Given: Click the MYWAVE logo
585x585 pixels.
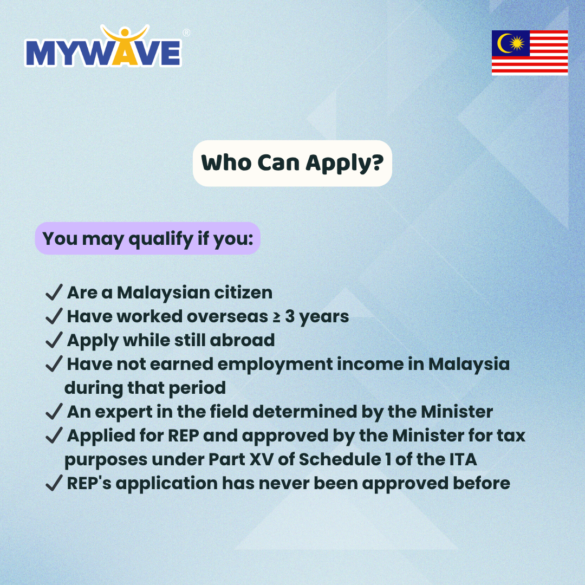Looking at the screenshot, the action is pyautogui.click(x=103, y=46).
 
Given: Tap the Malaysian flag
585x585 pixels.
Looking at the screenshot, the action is pyautogui.click(x=530, y=53).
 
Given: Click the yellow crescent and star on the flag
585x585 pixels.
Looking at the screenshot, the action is pyautogui.click(x=511, y=43).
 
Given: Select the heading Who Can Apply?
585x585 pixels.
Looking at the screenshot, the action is pyautogui.click(x=292, y=164).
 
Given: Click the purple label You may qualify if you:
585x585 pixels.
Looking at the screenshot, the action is pyautogui.click(x=148, y=238).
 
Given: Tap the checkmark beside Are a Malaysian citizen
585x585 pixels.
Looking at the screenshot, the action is pyautogui.click(x=54, y=292).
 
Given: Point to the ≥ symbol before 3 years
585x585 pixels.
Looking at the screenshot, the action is pyautogui.click(x=276, y=317).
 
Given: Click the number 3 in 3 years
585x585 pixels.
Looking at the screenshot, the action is pyautogui.click(x=290, y=316).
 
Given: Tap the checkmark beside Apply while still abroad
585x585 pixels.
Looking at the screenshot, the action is pyautogui.click(x=54, y=340).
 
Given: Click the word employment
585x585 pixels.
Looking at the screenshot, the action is pyautogui.click(x=275, y=365).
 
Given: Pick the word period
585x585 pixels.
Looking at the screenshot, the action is pyautogui.click(x=197, y=388).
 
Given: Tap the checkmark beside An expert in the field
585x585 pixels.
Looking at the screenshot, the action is pyautogui.click(x=54, y=411).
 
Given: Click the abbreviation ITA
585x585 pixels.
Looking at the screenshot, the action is pyautogui.click(x=463, y=460).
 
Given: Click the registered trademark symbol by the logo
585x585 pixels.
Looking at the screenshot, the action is pyautogui.click(x=186, y=33).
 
